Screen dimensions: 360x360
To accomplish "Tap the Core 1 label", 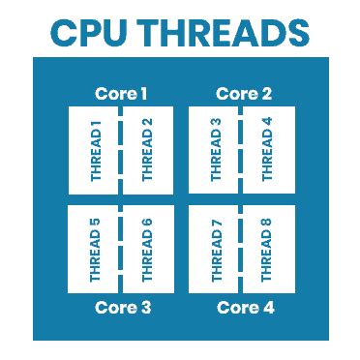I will (x=121, y=94).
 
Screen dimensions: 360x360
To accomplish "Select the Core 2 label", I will (x=242, y=94).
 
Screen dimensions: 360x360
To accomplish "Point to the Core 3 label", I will (x=121, y=308).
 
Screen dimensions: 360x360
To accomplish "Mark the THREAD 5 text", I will (x=96, y=250).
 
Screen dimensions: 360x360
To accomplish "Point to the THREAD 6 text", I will (x=147, y=250).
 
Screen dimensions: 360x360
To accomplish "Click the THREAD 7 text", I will (x=217, y=250).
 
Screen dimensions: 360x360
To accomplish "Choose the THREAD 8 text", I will (x=268, y=250).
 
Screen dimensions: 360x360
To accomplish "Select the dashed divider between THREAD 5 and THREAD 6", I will (x=121, y=249).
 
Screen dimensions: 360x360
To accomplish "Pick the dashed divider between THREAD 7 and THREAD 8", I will (x=242, y=249).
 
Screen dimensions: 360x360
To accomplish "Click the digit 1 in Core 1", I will (x=143, y=94).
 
